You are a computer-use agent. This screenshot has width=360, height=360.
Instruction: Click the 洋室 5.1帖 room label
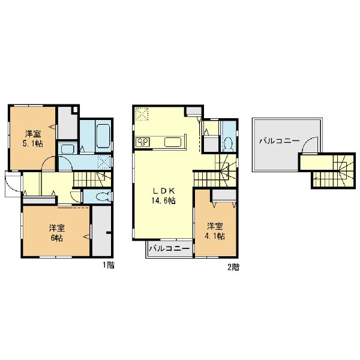tap(34, 139)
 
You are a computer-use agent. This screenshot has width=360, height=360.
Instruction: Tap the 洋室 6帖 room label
tap(57, 233)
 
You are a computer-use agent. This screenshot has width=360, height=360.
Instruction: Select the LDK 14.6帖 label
tap(163, 196)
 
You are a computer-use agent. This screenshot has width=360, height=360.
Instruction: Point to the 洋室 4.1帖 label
tap(215, 231)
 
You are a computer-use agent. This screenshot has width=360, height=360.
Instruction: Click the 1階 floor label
tap(109, 265)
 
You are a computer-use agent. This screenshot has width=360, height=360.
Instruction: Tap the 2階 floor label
tap(233, 267)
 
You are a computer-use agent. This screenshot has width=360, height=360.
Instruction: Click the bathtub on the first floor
tap(104, 136)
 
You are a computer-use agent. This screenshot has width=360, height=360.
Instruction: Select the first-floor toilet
tap(103, 197)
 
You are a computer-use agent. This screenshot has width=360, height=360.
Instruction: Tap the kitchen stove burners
tap(143, 142)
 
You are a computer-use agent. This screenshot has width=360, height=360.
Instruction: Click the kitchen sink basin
tap(173, 142)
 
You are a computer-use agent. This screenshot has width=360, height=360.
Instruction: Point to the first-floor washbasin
tap(68, 149)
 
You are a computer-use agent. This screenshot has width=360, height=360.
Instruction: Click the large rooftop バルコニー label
tap(280, 141)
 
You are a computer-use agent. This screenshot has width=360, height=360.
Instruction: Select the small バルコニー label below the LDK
tap(170, 248)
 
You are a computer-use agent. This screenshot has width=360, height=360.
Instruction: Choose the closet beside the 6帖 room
tap(101, 231)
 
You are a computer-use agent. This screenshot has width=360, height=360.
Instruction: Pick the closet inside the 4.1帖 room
tap(224, 195)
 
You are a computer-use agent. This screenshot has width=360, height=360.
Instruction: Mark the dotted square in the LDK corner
tap(142, 114)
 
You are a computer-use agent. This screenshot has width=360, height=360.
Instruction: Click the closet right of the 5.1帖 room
tap(67, 123)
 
